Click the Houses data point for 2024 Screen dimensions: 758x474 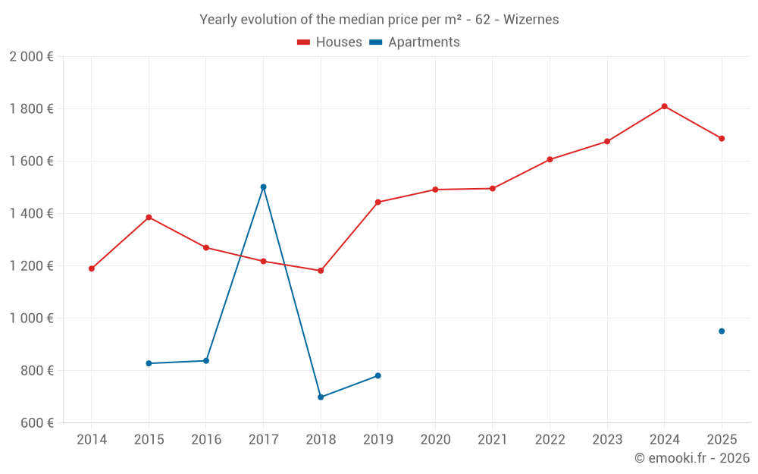pyautogui.click(x=664, y=106)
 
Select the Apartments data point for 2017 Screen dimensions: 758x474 pyautogui.click(x=264, y=187)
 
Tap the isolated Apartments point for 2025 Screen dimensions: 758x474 pyautogui.click(x=722, y=331)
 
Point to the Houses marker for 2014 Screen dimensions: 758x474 pyautogui.click(x=92, y=269)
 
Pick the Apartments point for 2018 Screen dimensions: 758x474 pyautogui.click(x=321, y=397)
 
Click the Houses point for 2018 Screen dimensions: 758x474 pyautogui.click(x=321, y=271)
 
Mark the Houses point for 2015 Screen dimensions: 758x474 pyautogui.click(x=149, y=218)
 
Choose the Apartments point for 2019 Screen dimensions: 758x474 pyautogui.click(x=378, y=376)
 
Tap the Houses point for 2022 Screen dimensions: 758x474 pyautogui.click(x=550, y=159)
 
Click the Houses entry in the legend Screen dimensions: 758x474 pyautogui.click(x=330, y=42)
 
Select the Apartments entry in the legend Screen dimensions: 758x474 pyautogui.click(x=415, y=42)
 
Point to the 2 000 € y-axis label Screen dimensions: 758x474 pyautogui.click(x=31, y=57)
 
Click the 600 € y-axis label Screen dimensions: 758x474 pyautogui.click(x=37, y=422)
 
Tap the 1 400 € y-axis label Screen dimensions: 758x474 pyautogui.click(x=31, y=213)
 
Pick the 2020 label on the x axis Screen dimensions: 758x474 pyautogui.click(x=436, y=439)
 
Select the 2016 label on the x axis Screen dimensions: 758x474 pyautogui.click(x=206, y=439)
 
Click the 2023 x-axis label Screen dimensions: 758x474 pyautogui.click(x=607, y=439)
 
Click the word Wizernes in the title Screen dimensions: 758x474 pyautogui.click(x=531, y=20)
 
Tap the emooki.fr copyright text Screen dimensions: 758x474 pyautogui.click(x=692, y=457)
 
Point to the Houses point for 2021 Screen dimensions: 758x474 pyautogui.click(x=493, y=189)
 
